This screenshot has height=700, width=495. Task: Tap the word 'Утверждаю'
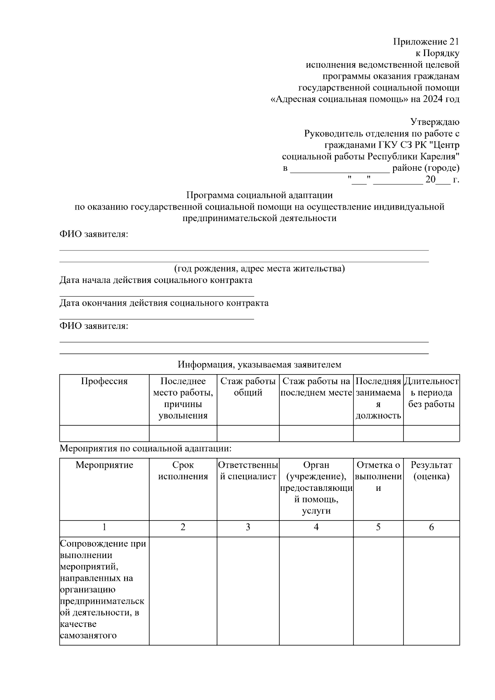click(x=434, y=122)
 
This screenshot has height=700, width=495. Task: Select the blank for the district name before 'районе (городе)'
click(x=339, y=169)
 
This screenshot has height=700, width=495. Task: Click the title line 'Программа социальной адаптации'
click(x=259, y=195)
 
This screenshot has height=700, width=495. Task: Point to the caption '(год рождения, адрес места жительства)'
click(x=259, y=269)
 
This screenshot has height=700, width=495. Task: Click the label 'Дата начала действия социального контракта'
click(x=156, y=280)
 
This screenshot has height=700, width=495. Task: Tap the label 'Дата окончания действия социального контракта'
click(x=164, y=303)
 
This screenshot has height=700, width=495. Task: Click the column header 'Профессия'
click(x=104, y=381)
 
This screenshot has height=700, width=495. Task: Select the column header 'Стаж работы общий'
click(x=248, y=387)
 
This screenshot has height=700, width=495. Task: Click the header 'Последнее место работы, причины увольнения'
click(x=183, y=398)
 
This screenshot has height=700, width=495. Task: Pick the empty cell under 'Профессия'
click(x=104, y=434)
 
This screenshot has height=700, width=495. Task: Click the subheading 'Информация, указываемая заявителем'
click(x=259, y=365)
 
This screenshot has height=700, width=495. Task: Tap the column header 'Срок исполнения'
click(x=183, y=471)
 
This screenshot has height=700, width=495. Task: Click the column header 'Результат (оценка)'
click(x=431, y=471)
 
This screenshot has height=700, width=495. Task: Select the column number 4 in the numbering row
click(x=316, y=527)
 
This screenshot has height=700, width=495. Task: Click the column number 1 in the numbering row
click(x=104, y=527)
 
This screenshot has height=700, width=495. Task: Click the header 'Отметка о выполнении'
click(x=378, y=476)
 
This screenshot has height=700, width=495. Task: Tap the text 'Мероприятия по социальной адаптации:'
click(x=146, y=448)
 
